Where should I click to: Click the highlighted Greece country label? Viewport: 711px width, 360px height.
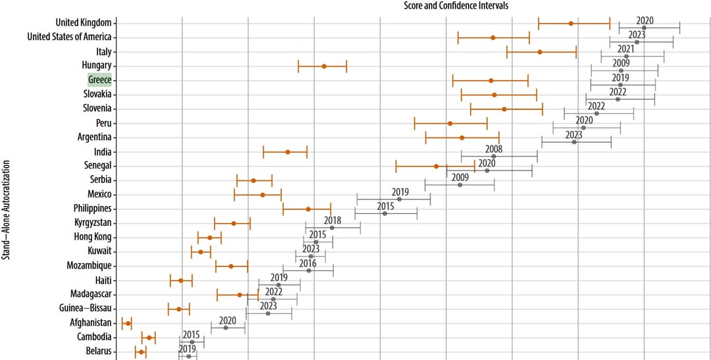click(x=100, y=80)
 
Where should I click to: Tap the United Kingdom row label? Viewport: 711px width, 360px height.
click(x=84, y=22)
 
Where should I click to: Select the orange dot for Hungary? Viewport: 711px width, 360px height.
click(x=324, y=66)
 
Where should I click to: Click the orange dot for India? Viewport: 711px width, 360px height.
click(x=288, y=152)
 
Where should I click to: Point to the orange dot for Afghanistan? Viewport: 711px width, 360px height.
click(x=128, y=323)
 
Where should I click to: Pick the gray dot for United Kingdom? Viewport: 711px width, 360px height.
click(x=644, y=28)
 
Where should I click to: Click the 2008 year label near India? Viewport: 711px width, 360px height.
click(x=494, y=149)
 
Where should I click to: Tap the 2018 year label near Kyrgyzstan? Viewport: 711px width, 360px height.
click(x=332, y=220)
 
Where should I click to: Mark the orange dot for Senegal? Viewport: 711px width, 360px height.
click(x=436, y=167)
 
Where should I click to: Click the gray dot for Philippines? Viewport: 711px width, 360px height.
click(x=385, y=213)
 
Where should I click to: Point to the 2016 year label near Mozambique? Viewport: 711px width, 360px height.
click(x=308, y=263)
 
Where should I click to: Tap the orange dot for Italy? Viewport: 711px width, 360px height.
click(x=540, y=51)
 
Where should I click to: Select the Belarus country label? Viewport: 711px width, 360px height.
click(x=99, y=351)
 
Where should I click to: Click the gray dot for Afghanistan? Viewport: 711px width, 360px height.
click(x=226, y=327)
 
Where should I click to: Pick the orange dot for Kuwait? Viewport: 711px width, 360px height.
click(x=201, y=251)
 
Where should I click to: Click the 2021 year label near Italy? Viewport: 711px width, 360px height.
click(x=625, y=49)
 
